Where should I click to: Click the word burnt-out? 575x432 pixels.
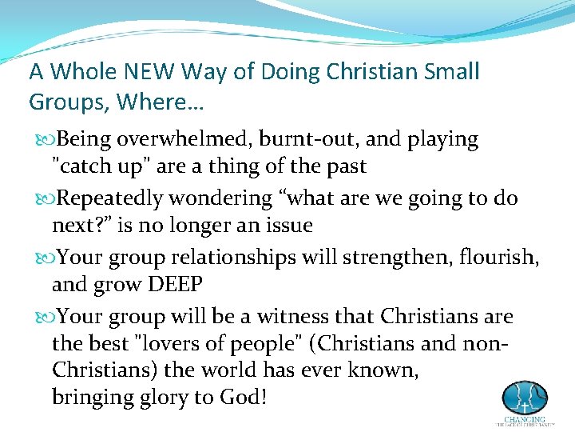(302, 139)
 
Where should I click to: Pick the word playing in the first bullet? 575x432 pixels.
(442, 140)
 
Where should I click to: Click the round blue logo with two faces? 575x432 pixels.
(524, 398)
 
